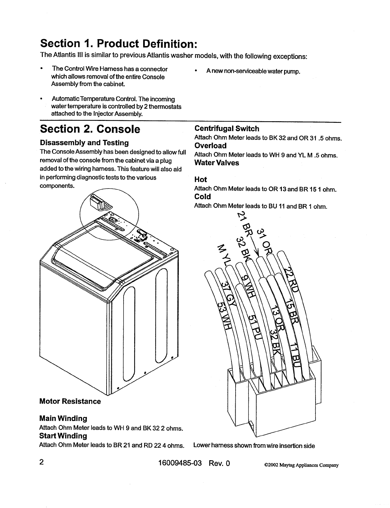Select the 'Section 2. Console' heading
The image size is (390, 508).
pyautogui.click(x=90, y=129)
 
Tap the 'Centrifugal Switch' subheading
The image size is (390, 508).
pyautogui.click(x=227, y=129)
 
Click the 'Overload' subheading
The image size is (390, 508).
pyautogui.click(x=210, y=146)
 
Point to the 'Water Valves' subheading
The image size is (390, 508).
pyautogui.click(x=217, y=163)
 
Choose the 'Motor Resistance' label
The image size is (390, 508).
pyautogui.click(x=70, y=401)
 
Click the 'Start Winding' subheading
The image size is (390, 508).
pyautogui.click(x=63, y=436)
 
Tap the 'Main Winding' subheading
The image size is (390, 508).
pyautogui.click(x=63, y=419)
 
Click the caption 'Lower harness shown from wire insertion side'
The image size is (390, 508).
pyautogui.click(x=254, y=445)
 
